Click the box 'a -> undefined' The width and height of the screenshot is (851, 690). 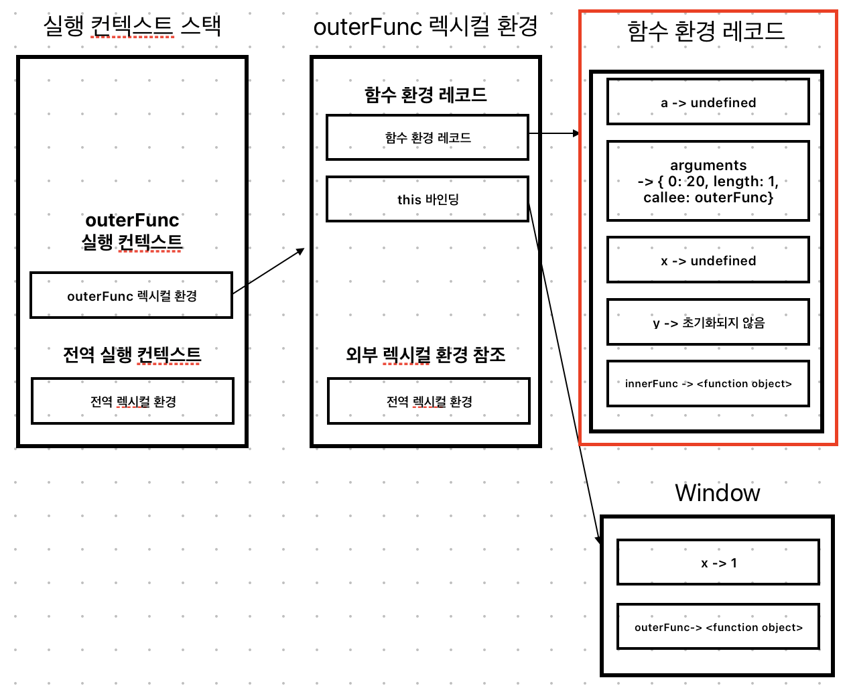(708, 102)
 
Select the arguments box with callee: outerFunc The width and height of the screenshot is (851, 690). (708, 181)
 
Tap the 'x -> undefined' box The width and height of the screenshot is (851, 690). (708, 260)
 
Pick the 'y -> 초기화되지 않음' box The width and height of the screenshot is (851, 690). (708, 322)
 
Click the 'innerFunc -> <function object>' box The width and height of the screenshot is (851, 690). (708, 384)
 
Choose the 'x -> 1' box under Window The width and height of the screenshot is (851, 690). (718, 563)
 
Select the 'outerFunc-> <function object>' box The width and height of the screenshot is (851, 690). (718, 627)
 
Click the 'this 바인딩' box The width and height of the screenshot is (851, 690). (428, 199)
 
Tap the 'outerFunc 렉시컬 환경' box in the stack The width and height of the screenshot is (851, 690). (131, 295)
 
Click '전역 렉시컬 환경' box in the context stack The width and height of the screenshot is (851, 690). (133, 401)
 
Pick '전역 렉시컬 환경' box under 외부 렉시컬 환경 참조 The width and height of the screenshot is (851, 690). (429, 401)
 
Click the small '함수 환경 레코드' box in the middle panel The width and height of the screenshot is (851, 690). (428, 137)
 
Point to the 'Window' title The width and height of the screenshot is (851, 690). (717, 493)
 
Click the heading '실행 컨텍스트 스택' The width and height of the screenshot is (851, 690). (132, 26)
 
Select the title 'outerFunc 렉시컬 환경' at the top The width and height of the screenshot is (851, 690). (426, 27)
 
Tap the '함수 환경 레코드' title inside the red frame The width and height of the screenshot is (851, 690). (706, 31)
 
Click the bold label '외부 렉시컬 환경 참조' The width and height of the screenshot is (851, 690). (426, 354)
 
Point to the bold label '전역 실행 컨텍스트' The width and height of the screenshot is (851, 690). (132, 354)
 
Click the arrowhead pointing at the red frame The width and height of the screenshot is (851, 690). (576, 133)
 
